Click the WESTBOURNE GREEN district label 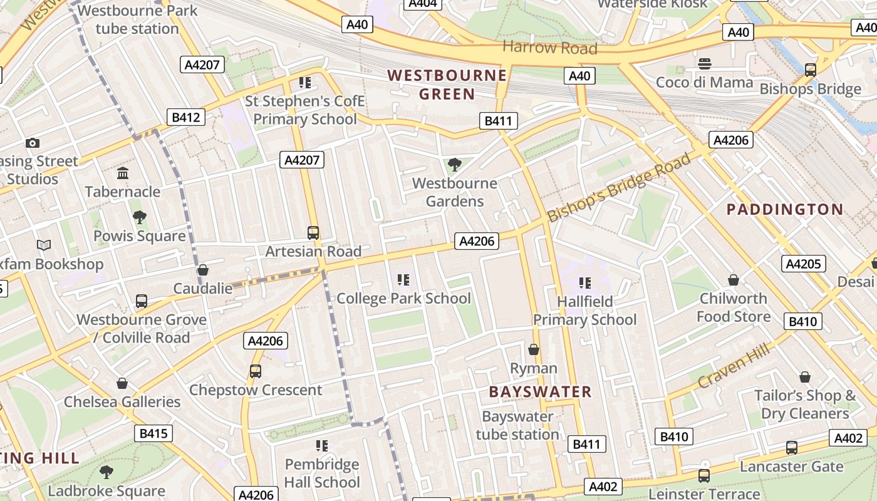tap(447, 85)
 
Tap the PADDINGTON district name tap(785, 209)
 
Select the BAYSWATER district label tap(540, 392)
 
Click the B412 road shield tap(186, 117)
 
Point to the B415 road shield tap(153, 433)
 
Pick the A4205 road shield tap(803, 264)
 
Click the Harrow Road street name tap(549, 48)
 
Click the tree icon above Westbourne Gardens tap(455, 165)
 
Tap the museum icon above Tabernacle tap(123, 173)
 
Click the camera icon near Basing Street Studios tap(33, 143)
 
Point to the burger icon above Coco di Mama tap(705, 63)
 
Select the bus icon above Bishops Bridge tap(810, 70)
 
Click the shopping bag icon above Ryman tap(534, 349)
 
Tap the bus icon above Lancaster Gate tap(792, 448)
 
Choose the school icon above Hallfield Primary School tap(585, 283)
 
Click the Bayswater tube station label tap(517, 425)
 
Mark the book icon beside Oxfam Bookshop tap(43, 245)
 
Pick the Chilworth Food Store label tap(734, 307)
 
